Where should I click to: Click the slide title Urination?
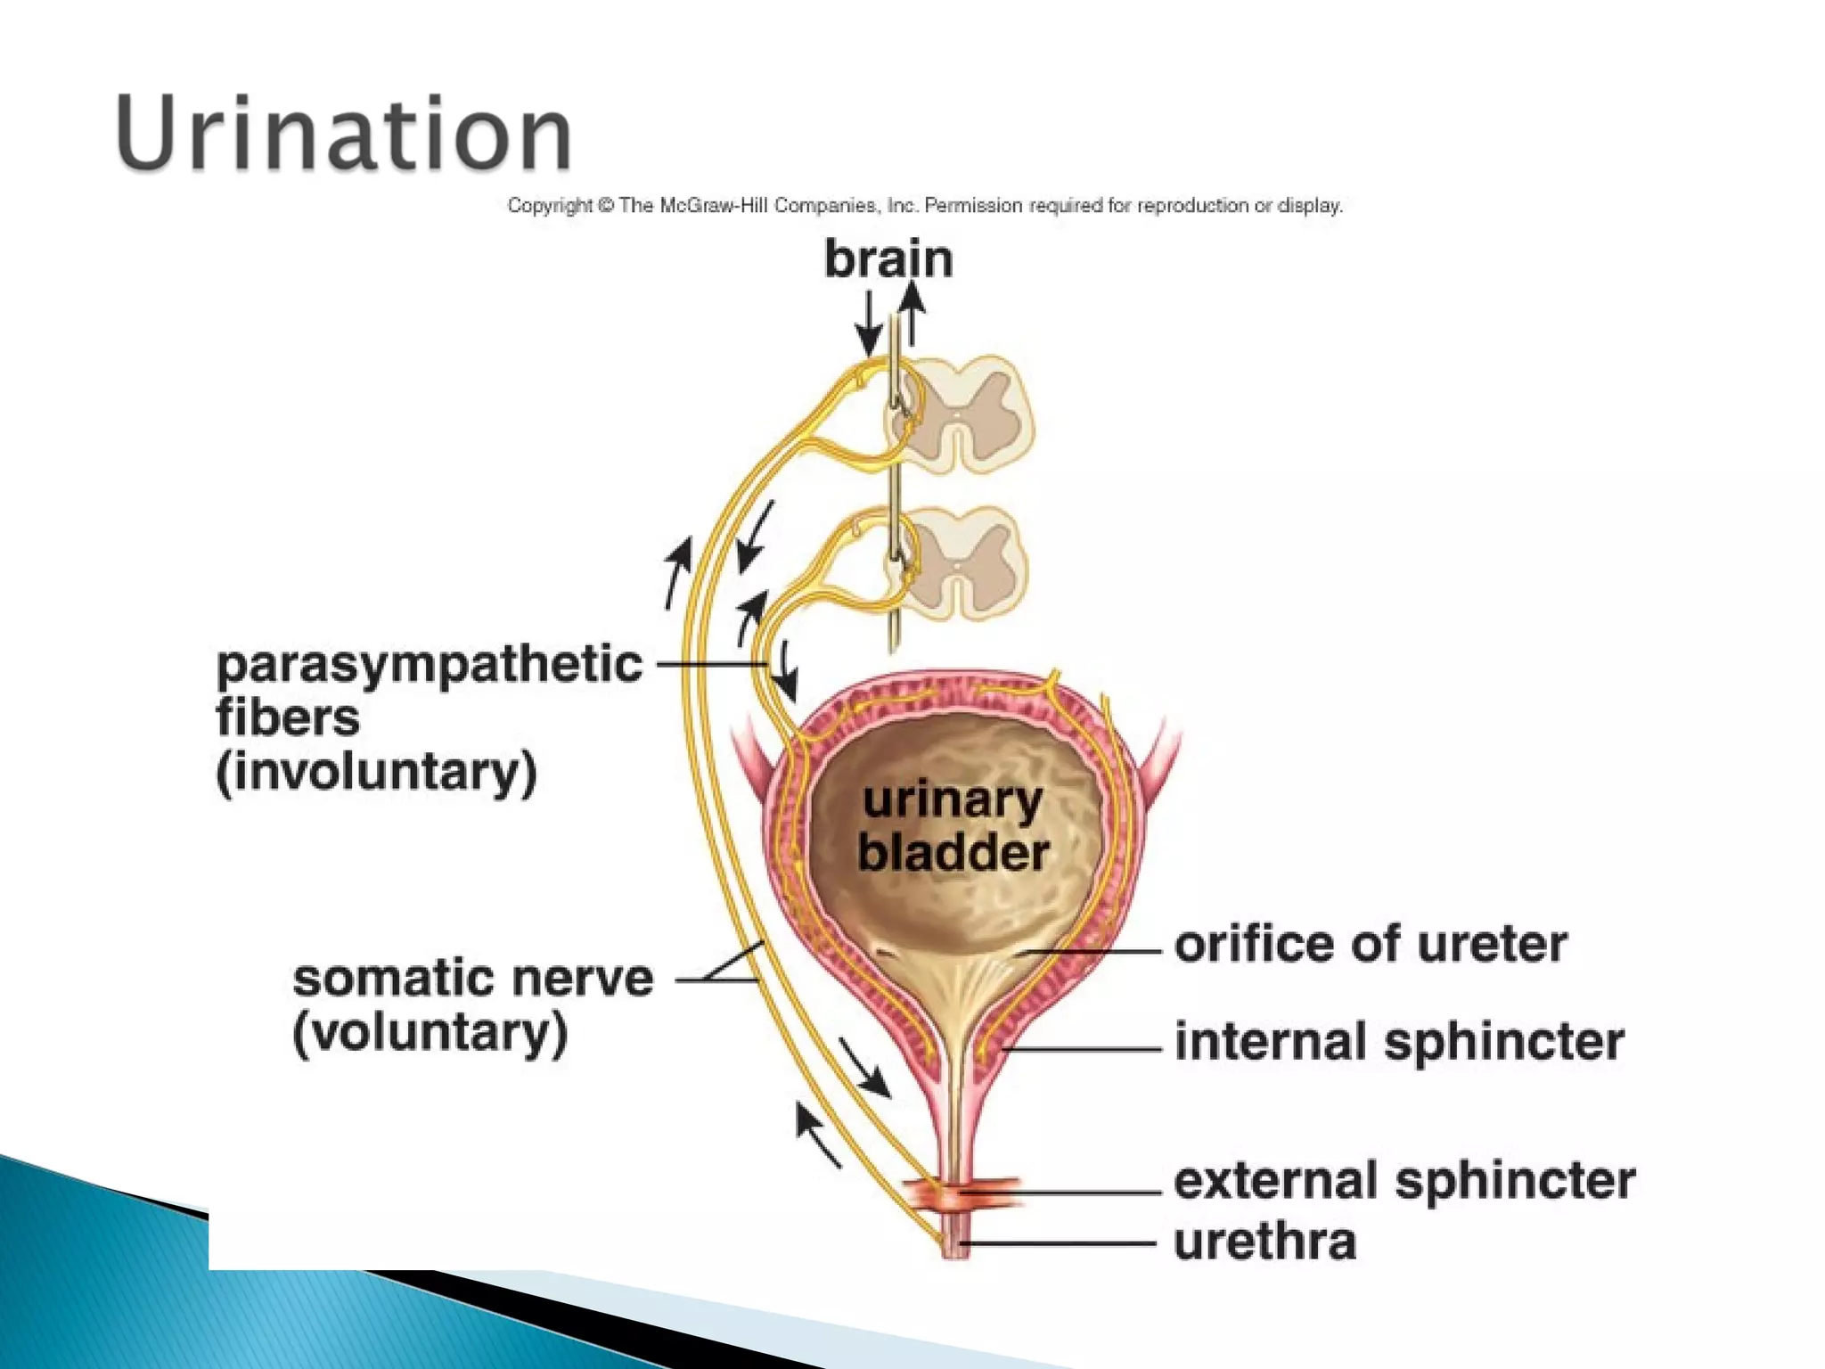pyautogui.click(x=343, y=134)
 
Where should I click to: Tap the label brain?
pyautogui.click(x=888, y=259)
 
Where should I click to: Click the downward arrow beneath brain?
pyautogui.click(x=868, y=324)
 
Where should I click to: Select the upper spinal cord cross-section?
pyautogui.click(x=962, y=414)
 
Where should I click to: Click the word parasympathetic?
pyautogui.click(x=429, y=664)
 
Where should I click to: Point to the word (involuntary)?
pyautogui.click(x=376, y=772)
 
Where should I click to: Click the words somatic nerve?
pyautogui.click(x=473, y=979)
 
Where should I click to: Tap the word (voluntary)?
pyautogui.click(x=430, y=1033)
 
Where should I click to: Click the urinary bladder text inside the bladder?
pyautogui.click(x=953, y=826)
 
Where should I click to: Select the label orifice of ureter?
pyautogui.click(x=1371, y=945)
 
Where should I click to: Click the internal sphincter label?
pyautogui.click(x=1399, y=1041)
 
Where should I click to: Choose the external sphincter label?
pyautogui.click(x=1404, y=1181)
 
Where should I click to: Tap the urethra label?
pyautogui.click(x=1264, y=1242)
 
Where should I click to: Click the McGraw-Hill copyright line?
pyautogui.click(x=925, y=206)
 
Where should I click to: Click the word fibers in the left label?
pyautogui.click(x=288, y=718)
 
